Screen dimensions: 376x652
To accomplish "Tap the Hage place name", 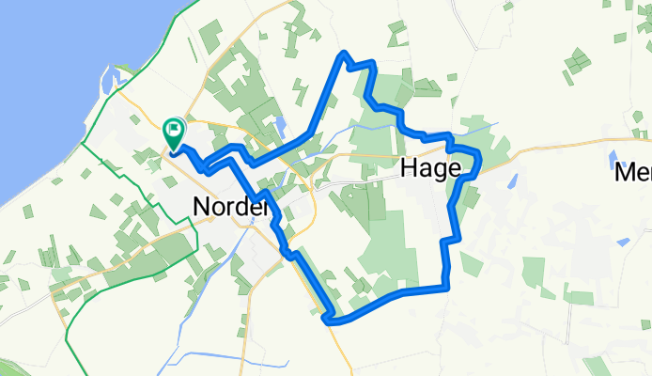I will (x=430, y=169).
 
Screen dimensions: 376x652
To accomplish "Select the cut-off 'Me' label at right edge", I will (x=632, y=174).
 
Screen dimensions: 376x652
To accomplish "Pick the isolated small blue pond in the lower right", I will (x=623, y=242).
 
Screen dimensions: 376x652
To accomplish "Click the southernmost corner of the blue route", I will (x=330, y=321).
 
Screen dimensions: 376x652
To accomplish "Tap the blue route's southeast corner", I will (x=447, y=285).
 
